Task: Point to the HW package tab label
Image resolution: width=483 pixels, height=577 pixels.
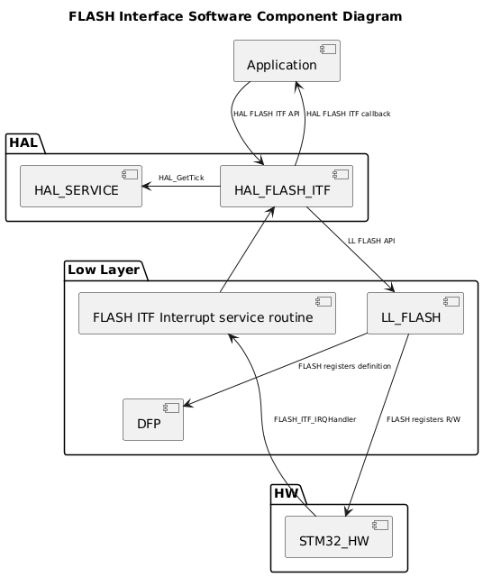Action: click(287, 494)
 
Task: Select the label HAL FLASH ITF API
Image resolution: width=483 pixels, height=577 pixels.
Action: click(266, 114)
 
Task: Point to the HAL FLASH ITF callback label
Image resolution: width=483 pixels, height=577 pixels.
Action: click(349, 114)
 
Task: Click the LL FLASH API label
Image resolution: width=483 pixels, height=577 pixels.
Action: click(371, 241)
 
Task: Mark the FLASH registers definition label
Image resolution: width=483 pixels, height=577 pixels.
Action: click(344, 366)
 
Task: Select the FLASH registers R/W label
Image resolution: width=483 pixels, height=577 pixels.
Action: click(423, 419)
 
